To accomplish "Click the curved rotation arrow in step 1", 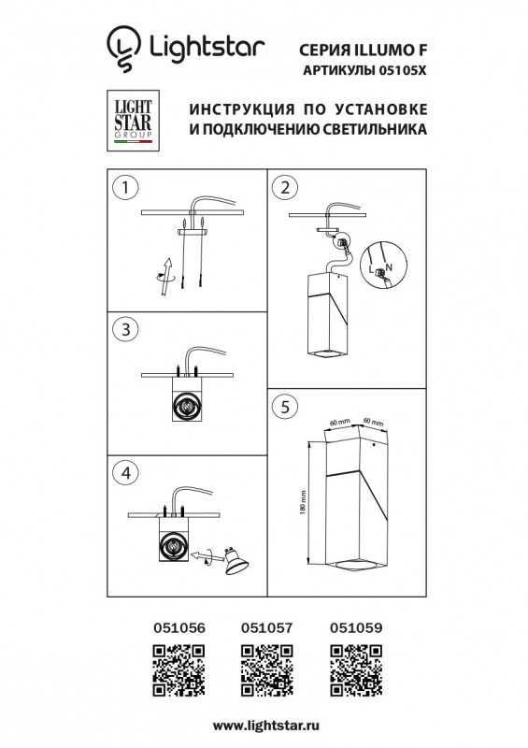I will (165, 273).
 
